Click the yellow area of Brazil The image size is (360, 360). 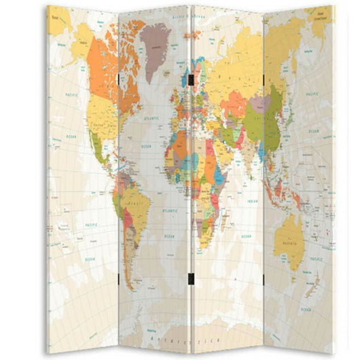click(139, 207)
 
